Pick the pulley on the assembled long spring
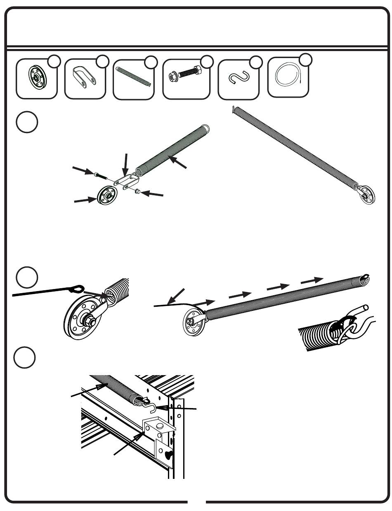(x=366, y=196)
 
